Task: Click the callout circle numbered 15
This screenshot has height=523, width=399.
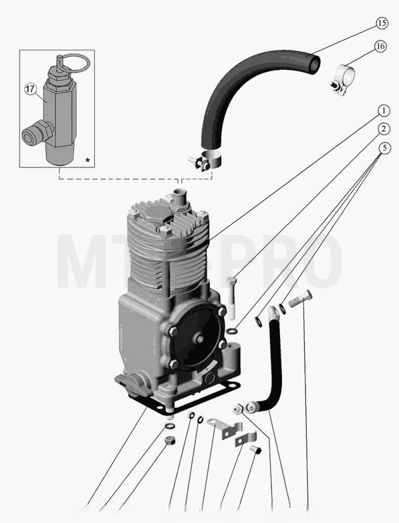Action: click(x=382, y=24)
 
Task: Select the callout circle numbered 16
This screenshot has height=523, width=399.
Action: click(x=380, y=46)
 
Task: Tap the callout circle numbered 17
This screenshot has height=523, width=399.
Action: click(x=30, y=90)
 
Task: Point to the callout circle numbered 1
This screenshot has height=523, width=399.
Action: click(x=384, y=110)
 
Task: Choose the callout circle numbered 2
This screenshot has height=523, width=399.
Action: click(x=384, y=129)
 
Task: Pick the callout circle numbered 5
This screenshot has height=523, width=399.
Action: click(x=385, y=148)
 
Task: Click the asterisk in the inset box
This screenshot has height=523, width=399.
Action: click(x=88, y=160)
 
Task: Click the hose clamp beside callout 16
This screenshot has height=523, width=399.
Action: click(x=342, y=80)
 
